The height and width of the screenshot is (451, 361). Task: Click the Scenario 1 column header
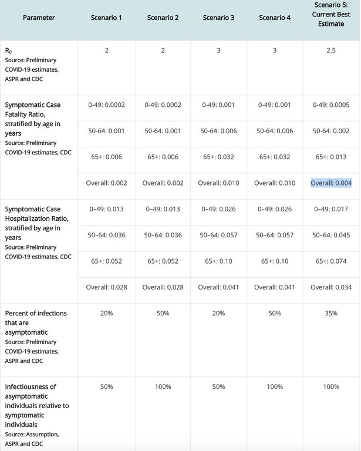107,18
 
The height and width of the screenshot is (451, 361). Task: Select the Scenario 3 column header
219,18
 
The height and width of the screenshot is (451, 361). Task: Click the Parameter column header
39,18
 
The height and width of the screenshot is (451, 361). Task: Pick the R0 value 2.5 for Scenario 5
331,51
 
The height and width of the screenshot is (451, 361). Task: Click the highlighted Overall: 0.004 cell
331,183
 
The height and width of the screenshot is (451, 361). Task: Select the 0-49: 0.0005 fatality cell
331,105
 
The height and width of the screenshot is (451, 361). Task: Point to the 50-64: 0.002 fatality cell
331,130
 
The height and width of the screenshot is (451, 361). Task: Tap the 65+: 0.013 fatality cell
331,157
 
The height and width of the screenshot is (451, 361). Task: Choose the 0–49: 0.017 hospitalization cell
331,208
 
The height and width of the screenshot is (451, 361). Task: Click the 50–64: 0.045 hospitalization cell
331,235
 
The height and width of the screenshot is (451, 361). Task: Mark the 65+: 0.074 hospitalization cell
331,261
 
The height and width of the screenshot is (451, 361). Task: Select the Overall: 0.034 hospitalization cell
331,287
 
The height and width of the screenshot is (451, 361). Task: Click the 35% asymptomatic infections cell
331,313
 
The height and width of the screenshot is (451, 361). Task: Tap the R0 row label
9,51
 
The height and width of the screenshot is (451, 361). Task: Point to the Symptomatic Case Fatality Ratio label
33,115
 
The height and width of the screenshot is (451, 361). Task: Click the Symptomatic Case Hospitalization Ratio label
33,223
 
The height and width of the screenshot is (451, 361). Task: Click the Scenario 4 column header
275,18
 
